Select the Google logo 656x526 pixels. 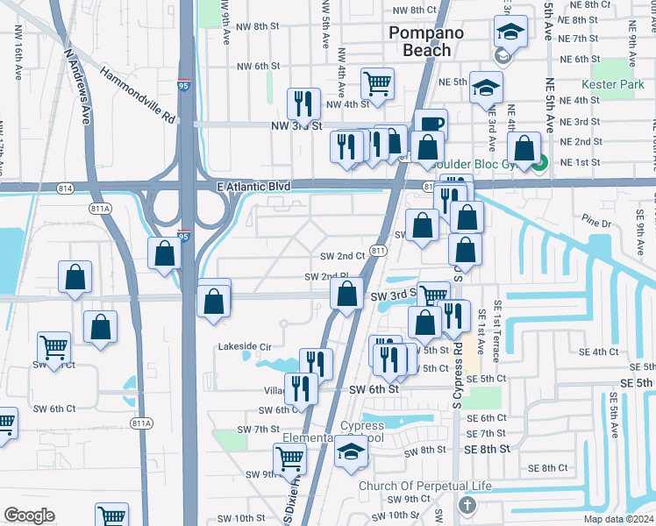coord(29,515)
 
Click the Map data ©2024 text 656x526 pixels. coord(617,519)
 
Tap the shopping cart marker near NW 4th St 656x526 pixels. coord(378,85)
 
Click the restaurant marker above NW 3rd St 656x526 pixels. coord(304,104)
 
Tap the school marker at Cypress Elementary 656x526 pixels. coord(352,451)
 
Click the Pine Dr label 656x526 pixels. coord(596,224)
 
